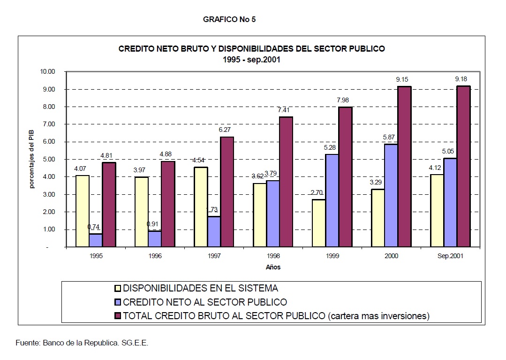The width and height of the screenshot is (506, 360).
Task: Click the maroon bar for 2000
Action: pos(404,167)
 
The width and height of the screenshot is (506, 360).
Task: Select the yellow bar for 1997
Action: pos(201,207)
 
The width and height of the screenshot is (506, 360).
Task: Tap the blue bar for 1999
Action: pos(332,200)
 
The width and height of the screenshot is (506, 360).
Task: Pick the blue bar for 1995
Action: pos(96,240)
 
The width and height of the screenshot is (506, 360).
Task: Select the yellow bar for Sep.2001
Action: pos(437,211)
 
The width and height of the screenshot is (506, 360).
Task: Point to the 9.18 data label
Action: pos(461,79)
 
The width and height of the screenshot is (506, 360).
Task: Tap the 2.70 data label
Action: pos(318,193)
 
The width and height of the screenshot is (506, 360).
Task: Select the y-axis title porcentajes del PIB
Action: pos(32,160)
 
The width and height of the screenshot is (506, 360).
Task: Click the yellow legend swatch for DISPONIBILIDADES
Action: pos(119,288)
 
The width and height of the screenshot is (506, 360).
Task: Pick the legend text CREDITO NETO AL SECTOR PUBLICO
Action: pos(205,302)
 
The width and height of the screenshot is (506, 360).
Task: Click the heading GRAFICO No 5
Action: pos(229,20)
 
